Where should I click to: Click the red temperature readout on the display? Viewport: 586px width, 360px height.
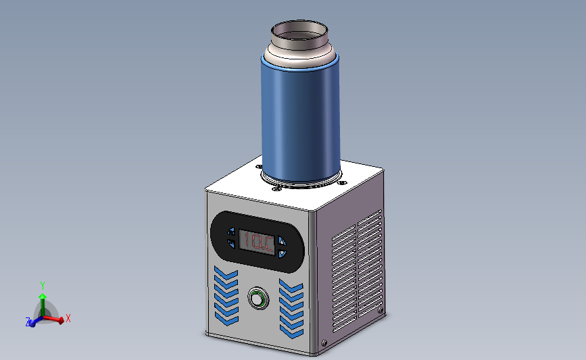(x=258, y=241)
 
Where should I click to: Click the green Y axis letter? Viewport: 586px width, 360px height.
(x=42, y=286)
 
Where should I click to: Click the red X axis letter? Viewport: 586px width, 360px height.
(x=68, y=318)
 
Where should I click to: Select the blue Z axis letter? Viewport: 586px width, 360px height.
(x=28, y=323)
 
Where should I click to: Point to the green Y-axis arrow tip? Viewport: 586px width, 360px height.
(x=42, y=296)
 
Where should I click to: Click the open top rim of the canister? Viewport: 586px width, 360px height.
(x=299, y=31)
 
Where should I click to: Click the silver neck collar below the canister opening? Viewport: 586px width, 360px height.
(x=299, y=52)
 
